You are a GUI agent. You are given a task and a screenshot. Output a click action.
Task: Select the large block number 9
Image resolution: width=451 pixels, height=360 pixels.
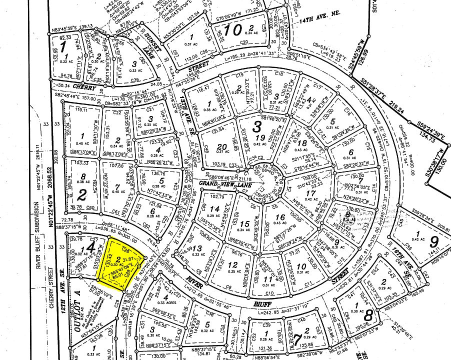point(433,244)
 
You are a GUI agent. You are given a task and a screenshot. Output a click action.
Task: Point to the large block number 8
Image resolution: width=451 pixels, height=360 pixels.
point(368,315)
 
